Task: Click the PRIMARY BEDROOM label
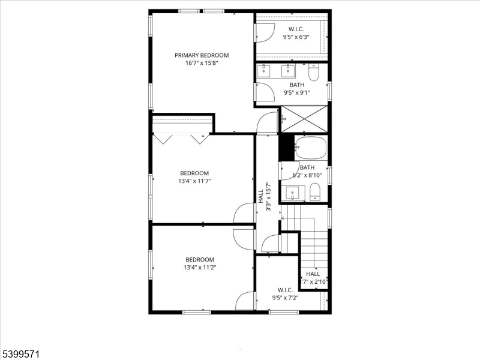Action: pyautogui.click(x=202, y=55)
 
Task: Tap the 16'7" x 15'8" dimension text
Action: pyautogui.click(x=202, y=63)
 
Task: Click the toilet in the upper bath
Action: pyautogui.click(x=313, y=73)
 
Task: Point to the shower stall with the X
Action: pyautogui.click(x=304, y=118)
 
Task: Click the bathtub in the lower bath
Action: pyautogui.click(x=311, y=147)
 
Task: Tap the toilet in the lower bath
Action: pyautogui.click(x=316, y=192)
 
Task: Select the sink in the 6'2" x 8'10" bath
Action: pyautogui.click(x=293, y=193)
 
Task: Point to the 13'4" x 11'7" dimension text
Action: pyautogui.click(x=194, y=181)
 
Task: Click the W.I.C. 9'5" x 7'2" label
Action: pyautogui.click(x=285, y=293)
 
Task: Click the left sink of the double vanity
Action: pyautogui.click(x=265, y=71)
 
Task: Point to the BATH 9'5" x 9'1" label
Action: pyautogui.click(x=297, y=89)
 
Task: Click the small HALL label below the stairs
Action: pyautogui.click(x=314, y=277)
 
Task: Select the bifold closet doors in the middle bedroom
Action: pyautogui.click(x=181, y=138)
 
